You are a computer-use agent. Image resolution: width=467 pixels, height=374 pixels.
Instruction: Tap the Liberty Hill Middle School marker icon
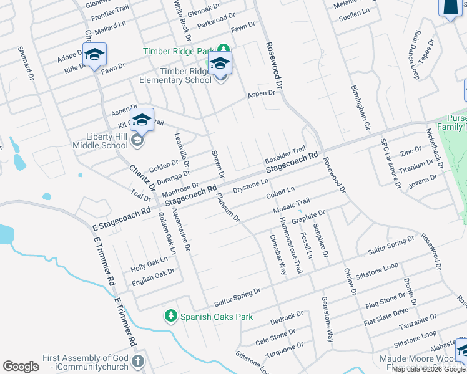[142, 120]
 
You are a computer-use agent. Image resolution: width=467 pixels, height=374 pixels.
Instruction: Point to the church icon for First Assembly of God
[138, 362]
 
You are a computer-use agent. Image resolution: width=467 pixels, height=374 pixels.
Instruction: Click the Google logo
[21, 367]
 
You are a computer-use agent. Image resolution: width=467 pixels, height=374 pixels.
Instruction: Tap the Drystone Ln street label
[250, 185]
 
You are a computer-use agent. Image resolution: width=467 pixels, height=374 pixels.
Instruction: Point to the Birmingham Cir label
[361, 108]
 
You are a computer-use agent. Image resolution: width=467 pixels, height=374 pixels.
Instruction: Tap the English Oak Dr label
[153, 278]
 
